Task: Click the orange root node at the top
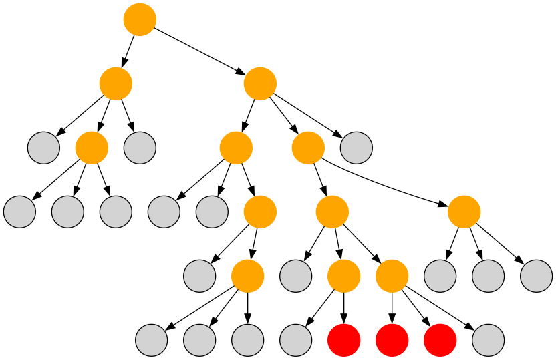coord(140,19)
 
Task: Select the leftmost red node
coord(344,340)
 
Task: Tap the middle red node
coord(392,340)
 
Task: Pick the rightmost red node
coord(440,340)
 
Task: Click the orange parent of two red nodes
coord(392,276)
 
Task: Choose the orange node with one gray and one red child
coord(344,276)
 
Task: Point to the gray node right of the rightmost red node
coord(489,340)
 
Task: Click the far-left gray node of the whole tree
coord(19,212)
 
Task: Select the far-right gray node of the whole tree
coord(537,276)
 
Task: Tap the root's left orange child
coord(116,83)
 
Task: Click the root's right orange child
coord(260,83)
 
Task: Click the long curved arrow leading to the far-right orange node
coord(388,184)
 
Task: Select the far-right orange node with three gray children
coord(464,212)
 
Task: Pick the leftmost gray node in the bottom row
coord(152,340)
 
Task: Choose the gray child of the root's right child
coord(356,148)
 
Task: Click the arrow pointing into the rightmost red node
coord(417,309)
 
